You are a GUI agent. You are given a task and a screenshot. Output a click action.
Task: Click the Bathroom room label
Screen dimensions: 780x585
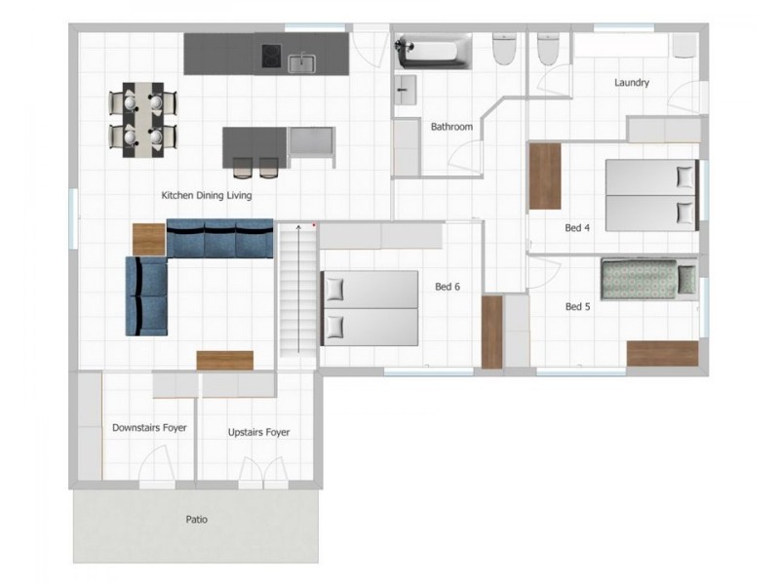tap(451, 127)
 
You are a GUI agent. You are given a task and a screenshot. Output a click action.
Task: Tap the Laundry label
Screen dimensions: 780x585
tap(631, 83)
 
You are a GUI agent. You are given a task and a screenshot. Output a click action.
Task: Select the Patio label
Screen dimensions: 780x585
tap(197, 520)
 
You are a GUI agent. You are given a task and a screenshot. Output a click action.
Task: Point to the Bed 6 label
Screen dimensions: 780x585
tap(448, 287)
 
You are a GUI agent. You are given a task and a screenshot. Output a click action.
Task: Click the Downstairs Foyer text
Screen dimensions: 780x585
tap(149, 428)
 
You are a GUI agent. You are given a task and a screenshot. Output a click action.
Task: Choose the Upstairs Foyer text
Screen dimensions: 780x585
tap(258, 432)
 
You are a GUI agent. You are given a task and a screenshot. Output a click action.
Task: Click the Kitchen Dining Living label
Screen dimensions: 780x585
tap(207, 196)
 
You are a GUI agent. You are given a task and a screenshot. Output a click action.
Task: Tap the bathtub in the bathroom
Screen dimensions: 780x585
tap(433, 52)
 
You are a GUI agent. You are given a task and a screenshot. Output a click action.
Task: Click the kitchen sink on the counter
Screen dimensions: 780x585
tap(301, 63)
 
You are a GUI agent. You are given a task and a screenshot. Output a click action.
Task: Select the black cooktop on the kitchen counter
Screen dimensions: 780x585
tap(272, 56)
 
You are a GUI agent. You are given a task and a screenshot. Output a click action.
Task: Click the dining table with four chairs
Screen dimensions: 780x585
tap(143, 120)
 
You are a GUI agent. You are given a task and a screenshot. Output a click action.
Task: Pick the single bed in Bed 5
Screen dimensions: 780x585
tap(648, 279)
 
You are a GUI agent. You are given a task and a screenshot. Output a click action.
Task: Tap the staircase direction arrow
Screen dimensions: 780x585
tap(298, 289)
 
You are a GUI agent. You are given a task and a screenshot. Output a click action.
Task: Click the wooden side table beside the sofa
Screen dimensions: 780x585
tap(149, 239)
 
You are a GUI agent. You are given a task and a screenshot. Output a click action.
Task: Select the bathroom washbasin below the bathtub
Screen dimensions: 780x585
tap(406, 90)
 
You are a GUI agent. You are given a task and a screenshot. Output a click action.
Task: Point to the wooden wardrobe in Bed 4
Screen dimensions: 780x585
tap(545, 176)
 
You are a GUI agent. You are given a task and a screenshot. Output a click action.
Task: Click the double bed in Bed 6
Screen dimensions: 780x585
tap(370, 308)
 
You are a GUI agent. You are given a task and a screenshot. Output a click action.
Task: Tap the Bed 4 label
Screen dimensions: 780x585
tap(577, 228)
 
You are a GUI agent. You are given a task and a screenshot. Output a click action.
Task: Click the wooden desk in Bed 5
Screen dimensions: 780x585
tap(663, 354)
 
